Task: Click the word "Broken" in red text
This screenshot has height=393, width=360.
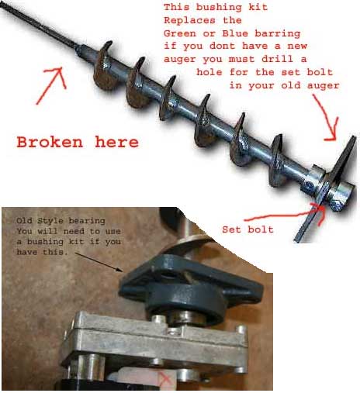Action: pos(50,142)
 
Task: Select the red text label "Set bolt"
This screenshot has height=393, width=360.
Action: pos(247,229)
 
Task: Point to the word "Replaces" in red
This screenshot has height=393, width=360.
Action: pos(189,20)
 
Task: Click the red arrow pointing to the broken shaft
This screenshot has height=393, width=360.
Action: pos(51,85)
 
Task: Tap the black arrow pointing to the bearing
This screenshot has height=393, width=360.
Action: pos(99,262)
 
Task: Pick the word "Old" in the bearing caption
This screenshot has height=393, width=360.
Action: pos(24,221)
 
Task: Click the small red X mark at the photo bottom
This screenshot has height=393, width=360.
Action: pos(165,380)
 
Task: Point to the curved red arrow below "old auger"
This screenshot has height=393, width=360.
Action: pos(328,118)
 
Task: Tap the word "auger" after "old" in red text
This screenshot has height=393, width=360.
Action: pos(323,85)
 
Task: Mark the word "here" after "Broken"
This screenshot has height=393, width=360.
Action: pos(116,142)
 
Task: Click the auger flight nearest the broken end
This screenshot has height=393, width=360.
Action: pos(104,66)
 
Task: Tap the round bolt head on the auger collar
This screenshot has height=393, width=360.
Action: pos(309,185)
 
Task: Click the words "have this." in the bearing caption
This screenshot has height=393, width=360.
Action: pos(43,252)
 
